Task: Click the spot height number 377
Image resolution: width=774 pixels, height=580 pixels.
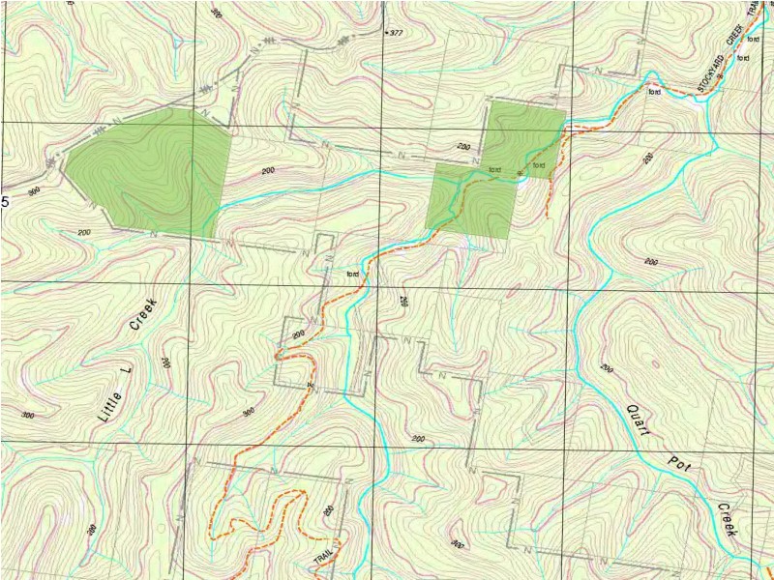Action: (x=395, y=33)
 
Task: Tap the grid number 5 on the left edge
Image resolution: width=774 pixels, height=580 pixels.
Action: (x=5, y=202)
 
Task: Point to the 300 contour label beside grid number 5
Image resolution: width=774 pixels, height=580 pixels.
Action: (x=35, y=191)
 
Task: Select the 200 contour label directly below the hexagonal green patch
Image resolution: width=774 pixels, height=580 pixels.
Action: (x=83, y=233)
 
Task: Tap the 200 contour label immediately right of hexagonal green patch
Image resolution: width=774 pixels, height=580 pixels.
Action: (x=268, y=171)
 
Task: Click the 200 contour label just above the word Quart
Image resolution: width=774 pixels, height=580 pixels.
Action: (x=608, y=368)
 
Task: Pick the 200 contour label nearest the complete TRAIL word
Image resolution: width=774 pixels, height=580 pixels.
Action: (x=329, y=510)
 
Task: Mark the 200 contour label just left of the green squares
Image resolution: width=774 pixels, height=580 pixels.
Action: (x=462, y=147)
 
